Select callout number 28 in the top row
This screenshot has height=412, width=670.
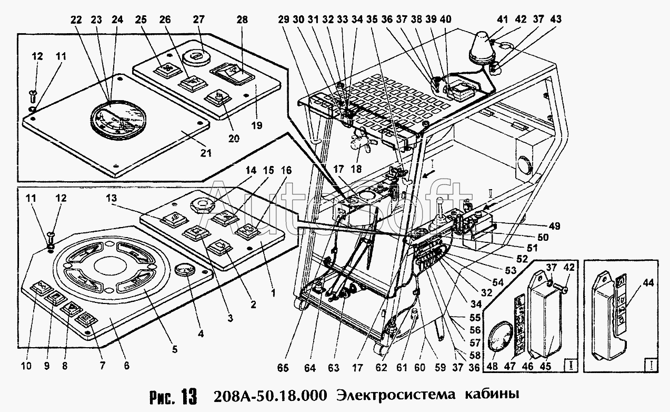tap(242, 19)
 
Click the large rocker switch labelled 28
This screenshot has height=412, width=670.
tap(233, 74)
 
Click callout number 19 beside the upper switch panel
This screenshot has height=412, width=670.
tap(257, 125)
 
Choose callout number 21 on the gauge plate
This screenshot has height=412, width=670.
tap(205, 153)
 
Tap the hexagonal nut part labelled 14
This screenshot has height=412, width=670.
tap(202, 205)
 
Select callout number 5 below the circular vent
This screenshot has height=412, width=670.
tap(175, 349)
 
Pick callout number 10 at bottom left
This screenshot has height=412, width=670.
tap(26, 366)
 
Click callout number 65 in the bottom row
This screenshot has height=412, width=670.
tap(283, 367)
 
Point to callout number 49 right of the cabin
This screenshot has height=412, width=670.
tap(554, 226)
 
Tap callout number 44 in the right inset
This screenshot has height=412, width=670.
tap(648, 282)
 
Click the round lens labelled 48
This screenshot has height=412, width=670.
tap(501, 336)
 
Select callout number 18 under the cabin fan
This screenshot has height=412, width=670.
tap(356, 169)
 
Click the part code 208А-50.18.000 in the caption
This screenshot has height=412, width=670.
tap(270, 396)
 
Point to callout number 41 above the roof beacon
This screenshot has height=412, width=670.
tap(503, 19)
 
